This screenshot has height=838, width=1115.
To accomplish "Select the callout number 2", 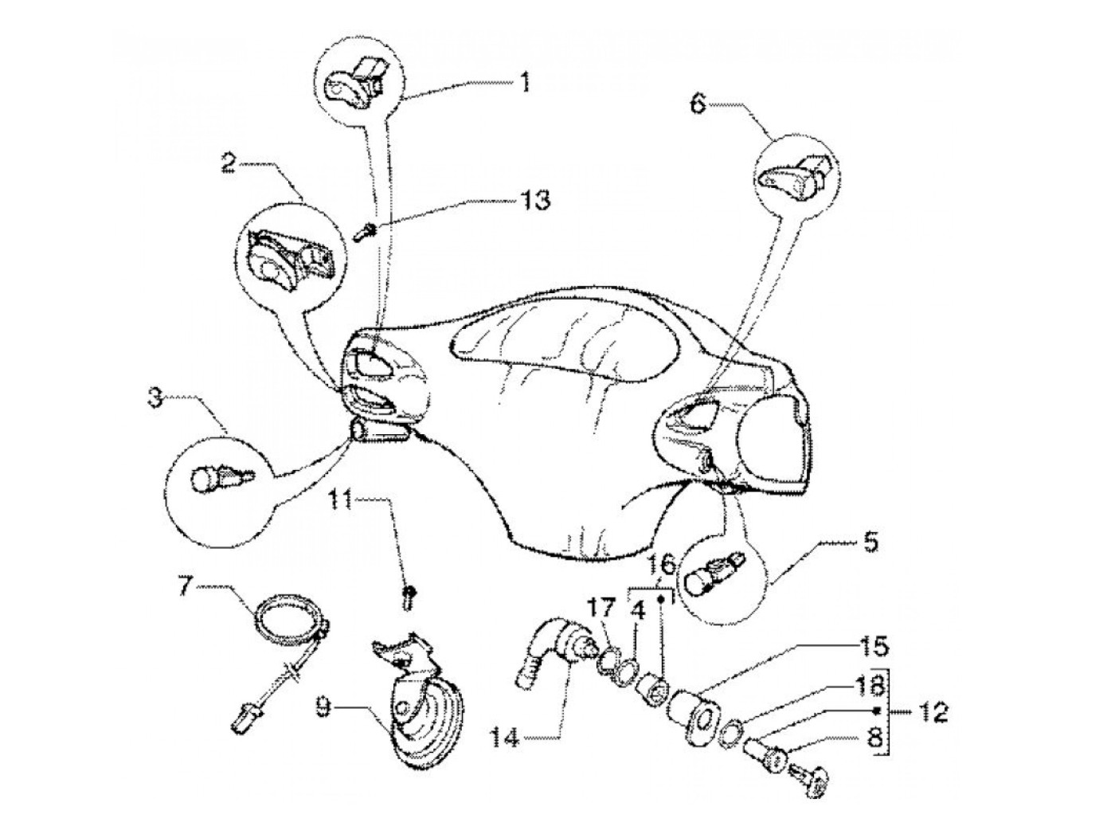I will click(229, 165).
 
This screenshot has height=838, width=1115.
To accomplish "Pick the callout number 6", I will click(698, 104).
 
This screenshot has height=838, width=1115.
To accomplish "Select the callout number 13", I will click(534, 199).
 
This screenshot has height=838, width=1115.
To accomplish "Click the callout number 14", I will click(504, 738).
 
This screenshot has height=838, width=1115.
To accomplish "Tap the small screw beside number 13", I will click(364, 232).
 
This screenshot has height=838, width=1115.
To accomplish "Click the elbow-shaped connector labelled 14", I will click(550, 643).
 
